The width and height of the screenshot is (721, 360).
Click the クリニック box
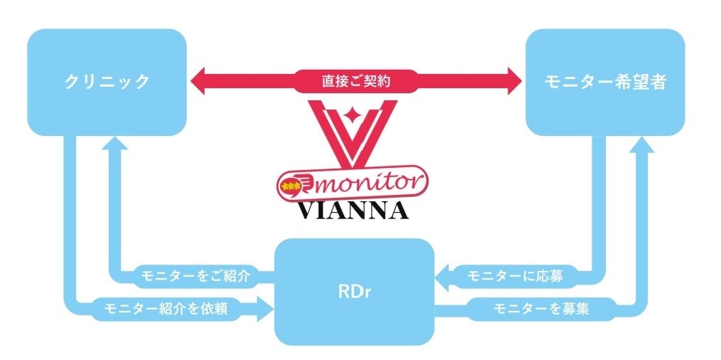pos(107,82)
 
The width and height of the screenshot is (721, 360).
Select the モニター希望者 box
pos(605,82)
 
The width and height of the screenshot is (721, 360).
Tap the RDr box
pos(354,292)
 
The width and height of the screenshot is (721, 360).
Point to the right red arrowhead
pos(513,81)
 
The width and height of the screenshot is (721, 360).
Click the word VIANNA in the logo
pos(353,210)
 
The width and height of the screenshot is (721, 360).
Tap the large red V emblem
pos(353,132)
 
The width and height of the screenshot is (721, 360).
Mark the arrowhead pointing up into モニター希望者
pos(639,144)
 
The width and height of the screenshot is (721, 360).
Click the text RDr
pos(354,292)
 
